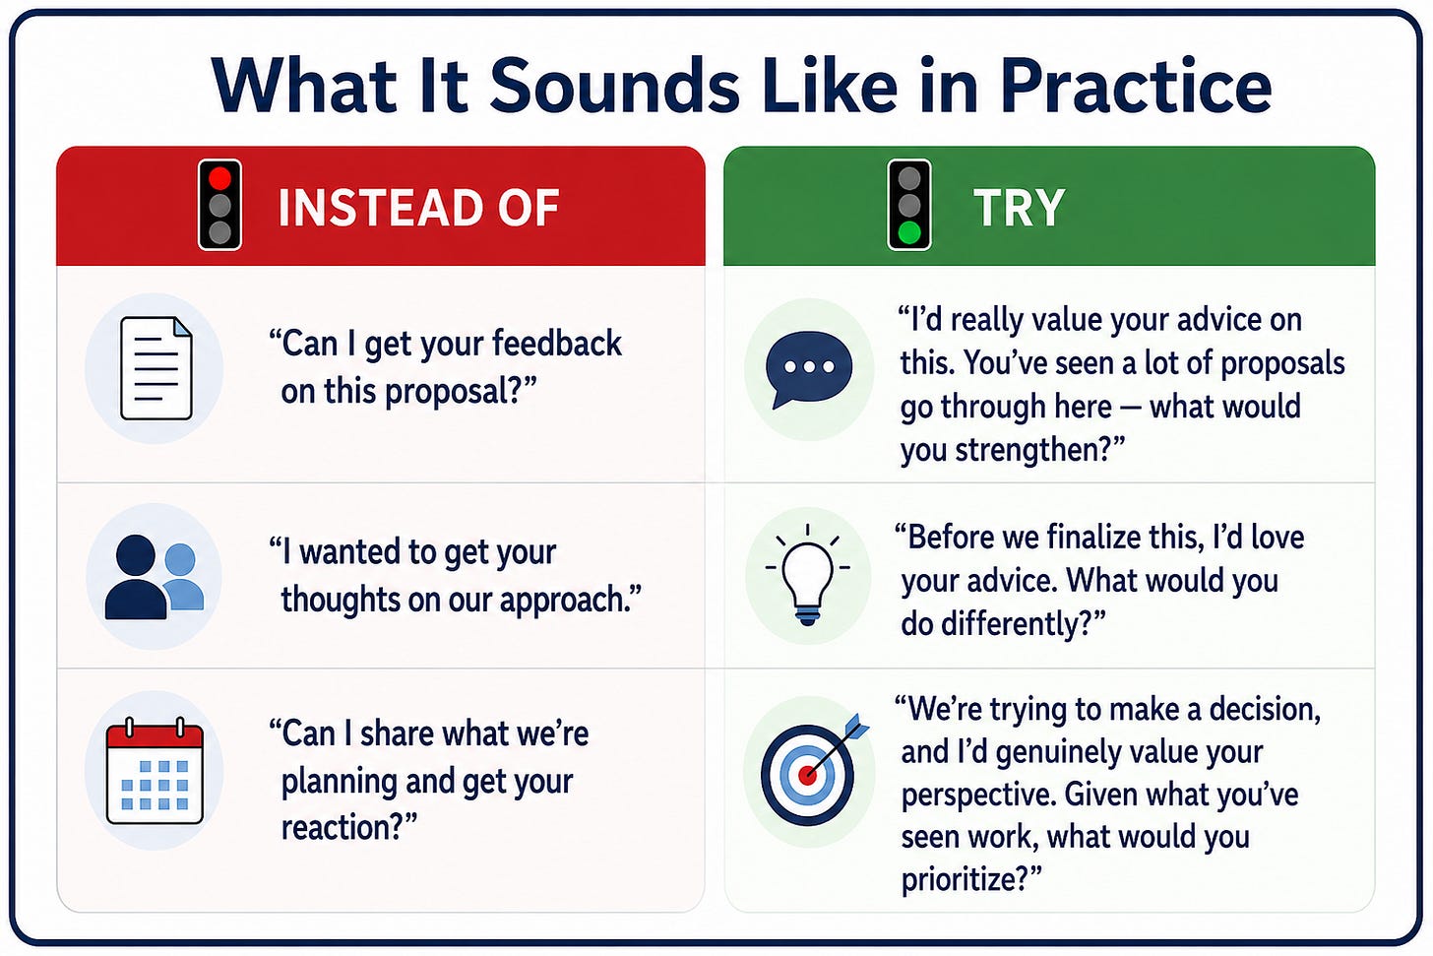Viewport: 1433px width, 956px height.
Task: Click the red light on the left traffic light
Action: coord(219,178)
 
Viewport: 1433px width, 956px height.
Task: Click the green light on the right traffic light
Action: coord(909,232)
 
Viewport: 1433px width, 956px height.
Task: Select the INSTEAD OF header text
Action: coord(418,208)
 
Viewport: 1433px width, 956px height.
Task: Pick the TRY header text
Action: coord(1019,208)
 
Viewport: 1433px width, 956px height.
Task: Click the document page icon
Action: coord(156,368)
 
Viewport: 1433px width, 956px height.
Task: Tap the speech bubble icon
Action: coord(809,369)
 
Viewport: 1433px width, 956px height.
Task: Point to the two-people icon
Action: coord(155,577)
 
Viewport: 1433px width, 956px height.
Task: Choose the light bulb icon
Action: coord(807,574)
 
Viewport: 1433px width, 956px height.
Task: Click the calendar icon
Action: coord(155,771)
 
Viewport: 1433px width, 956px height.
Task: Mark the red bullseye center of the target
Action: coord(807,776)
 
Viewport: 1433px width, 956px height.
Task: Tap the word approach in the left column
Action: coord(560,602)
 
